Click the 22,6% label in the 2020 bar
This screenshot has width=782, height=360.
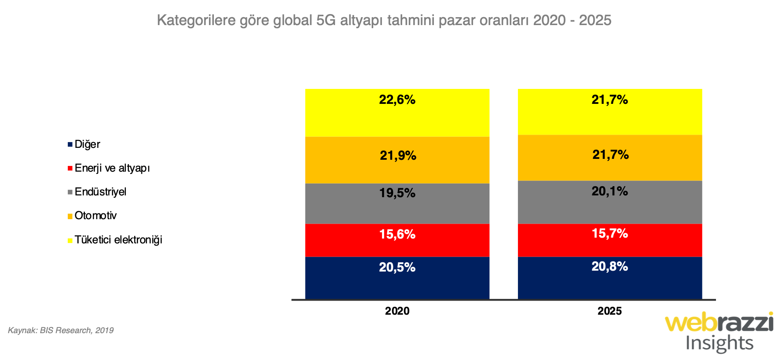(x=397, y=100)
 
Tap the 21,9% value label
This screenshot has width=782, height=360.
(x=398, y=156)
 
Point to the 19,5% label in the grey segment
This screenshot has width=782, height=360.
(x=397, y=193)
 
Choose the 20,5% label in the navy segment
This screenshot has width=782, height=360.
(x=397, y=268)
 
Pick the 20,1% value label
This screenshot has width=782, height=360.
(x=609, y=191)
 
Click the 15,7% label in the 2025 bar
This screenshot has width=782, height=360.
(x=609, y=234)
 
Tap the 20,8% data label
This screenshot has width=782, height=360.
(x=609, y=267)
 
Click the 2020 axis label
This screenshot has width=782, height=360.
(x=397, y=311)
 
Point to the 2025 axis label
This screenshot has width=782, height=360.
(x=609, y=311)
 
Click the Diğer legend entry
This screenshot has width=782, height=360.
(x=87, y=144)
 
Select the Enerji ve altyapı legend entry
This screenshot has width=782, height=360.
(x=112, y=168)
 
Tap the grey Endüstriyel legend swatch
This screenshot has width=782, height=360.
(x=70, y=192)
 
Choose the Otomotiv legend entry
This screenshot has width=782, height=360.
(x=95, y=216)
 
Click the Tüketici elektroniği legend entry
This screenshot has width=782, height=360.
(x=118, y=240)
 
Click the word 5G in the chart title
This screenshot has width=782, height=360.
(x=326, y=20)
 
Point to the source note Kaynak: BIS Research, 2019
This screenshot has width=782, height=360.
(x=61, y=331)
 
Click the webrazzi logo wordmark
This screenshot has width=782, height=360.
(x=719, y=323)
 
